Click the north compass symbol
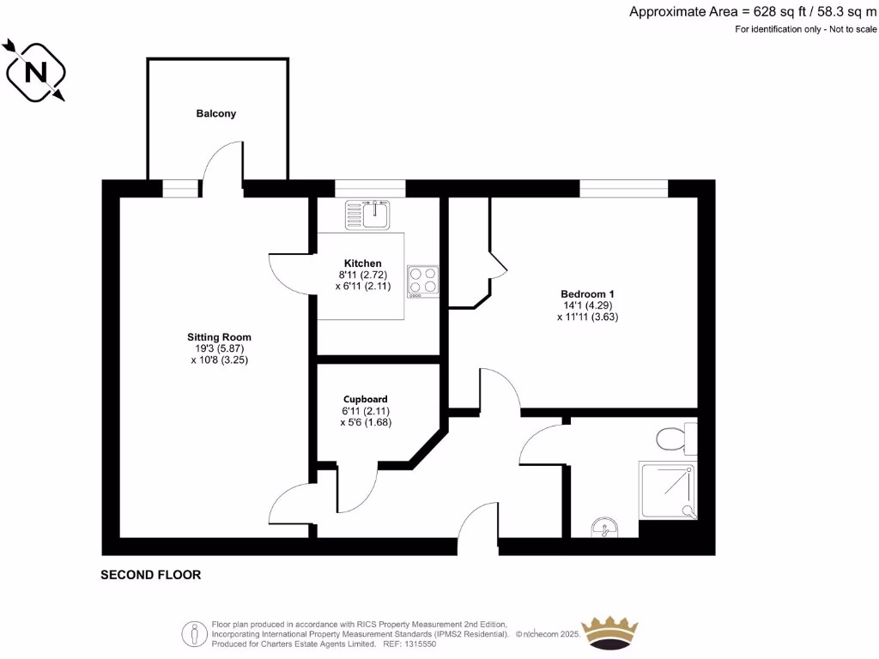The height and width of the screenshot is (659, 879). coord(36,71)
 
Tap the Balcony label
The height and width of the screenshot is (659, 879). coord(215,113)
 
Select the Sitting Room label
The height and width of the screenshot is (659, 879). coord(220,336)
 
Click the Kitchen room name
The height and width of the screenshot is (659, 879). coord(362,263)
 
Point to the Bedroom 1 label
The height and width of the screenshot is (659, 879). coord(587,293)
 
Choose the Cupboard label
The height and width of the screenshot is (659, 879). coord(366,399)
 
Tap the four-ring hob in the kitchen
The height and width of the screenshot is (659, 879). coord(423,280)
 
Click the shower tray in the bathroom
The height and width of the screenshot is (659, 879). coord(667,490)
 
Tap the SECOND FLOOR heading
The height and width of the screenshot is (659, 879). coord(151,575)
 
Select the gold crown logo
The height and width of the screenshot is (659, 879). coord(610,633)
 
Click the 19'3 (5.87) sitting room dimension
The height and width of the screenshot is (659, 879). coord(219,348)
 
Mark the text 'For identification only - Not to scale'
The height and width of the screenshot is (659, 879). coord(806,30)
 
